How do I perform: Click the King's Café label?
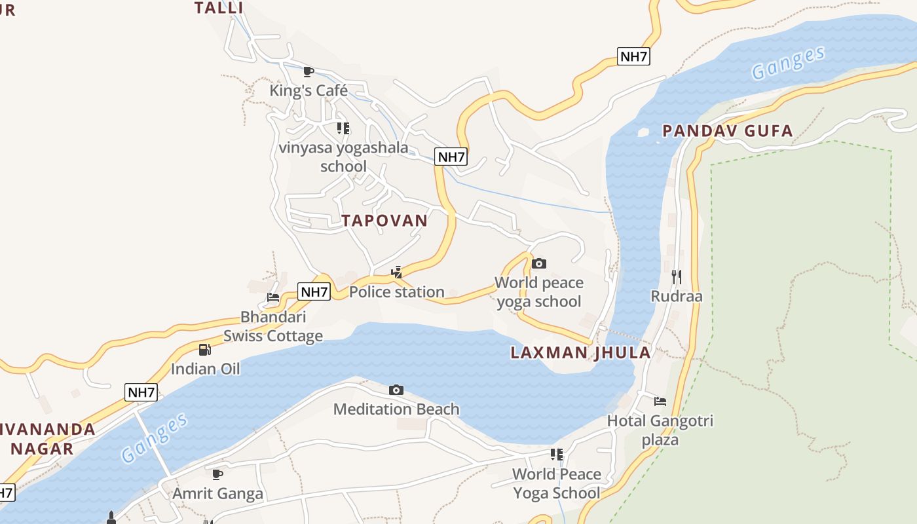(x=309, y=90)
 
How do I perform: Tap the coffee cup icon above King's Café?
(x=309, y=71)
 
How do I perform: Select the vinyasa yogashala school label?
(x=343, y=157)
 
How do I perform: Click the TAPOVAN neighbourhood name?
(x=384, y=221)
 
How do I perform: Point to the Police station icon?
(x=396, y=272)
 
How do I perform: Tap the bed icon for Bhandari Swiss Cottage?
(x=273, y=297)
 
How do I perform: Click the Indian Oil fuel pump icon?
(x=205, y=350)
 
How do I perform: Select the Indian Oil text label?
(x=205, y=369)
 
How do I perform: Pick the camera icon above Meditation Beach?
(x=396, y=390)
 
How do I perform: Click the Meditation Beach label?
(x=396, y=409)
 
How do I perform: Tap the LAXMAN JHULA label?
(x=580, y=353)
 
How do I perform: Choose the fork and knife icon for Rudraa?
(x=677, y=277)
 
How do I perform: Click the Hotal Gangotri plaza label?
(x=660, y=430)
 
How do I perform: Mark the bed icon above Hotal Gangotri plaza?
(x=660, y=401)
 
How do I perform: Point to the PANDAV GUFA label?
(x=728, y=131)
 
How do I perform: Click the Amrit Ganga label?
(x=217, y=493)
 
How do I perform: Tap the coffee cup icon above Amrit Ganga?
(x=217, y=474)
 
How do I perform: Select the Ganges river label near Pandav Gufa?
(x=788, y=64)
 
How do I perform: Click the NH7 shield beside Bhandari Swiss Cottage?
(x=314, y=291)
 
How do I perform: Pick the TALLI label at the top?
(x=219, y=8)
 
